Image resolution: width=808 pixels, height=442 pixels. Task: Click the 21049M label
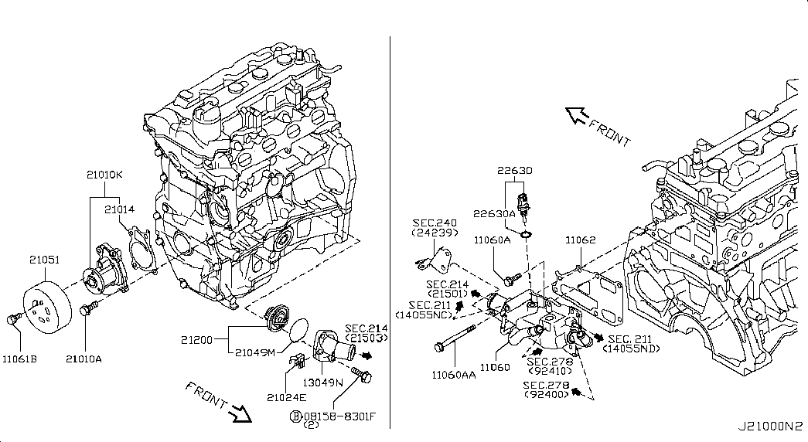pos(256,353)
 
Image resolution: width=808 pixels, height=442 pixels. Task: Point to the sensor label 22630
pos(514,170)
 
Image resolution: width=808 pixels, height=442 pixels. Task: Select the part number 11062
pos(580,240)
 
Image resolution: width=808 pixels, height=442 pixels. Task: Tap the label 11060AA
pos(455,374)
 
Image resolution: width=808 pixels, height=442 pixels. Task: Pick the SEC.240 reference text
pos(435,221)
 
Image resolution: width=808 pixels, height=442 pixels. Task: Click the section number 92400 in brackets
pos(545,394)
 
